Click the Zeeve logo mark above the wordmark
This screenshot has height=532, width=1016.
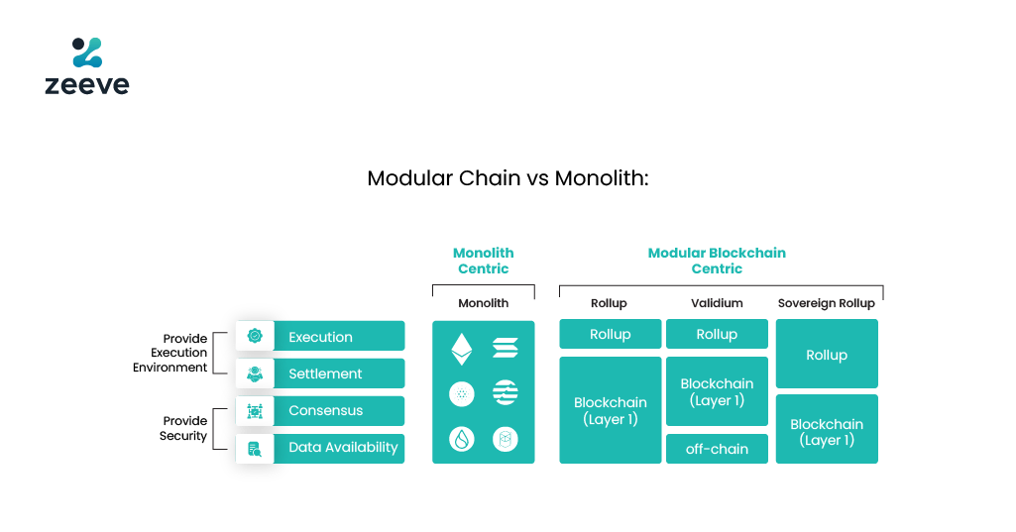point(86,53)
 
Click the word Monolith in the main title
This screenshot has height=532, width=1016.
point(601,179)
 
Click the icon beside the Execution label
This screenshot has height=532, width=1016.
point(255,337)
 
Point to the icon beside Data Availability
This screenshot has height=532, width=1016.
point(255,448)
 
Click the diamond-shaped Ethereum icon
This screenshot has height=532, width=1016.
point(462,348)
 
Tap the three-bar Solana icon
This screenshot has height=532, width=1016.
point(506,348)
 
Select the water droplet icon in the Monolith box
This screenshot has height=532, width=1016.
point(462,439)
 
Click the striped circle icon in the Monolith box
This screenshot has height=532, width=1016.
point(506,393)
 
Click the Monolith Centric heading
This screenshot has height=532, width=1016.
point(483,261)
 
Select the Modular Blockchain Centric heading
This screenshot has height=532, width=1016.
point(717,261)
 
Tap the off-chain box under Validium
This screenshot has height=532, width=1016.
point(717,449)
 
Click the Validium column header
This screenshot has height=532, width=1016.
point(717,303)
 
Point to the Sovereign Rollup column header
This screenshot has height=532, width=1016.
point(826,303)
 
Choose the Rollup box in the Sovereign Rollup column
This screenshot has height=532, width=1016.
point(826,355)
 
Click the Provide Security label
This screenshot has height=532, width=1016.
point(183,428)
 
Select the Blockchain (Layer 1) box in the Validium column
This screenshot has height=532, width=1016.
point(717,392)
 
